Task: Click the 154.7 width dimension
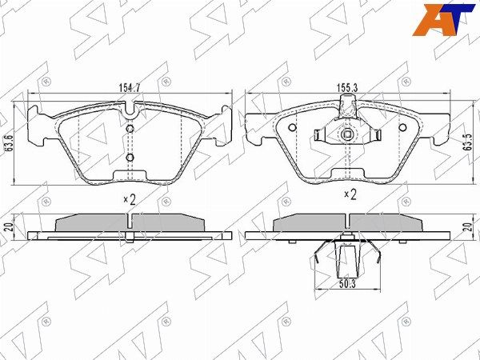[x=129, y=88]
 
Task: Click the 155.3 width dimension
[x=347, y=88]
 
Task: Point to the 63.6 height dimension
[x=9, y=144]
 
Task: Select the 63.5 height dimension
[x=467, y=142]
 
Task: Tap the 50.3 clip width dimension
[x=347, y=284]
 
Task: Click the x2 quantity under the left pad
[x=130, y=199]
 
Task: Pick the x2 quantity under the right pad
[x=350, y=194]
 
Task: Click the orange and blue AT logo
[x=443, y=19]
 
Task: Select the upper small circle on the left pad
[x=130, y=129]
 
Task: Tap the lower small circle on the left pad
[x=130, y=158]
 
